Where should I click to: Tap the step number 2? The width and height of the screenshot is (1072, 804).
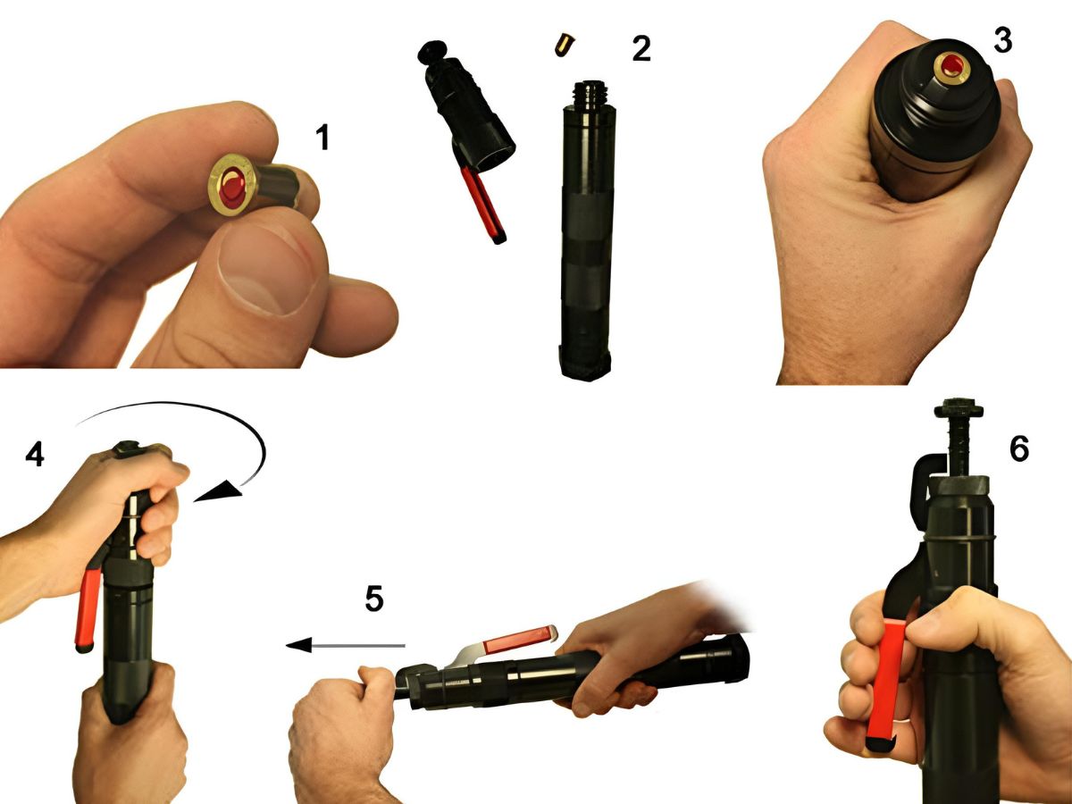click(641, 49)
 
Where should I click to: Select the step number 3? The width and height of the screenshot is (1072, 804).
click(1002, 40)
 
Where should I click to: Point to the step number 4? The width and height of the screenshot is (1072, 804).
click(35, 455)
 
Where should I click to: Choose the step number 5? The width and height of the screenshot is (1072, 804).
click(374, 599)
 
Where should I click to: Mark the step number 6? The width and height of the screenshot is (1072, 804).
click(1019, 448)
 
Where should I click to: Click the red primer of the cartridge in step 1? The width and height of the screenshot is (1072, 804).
click(232, 188)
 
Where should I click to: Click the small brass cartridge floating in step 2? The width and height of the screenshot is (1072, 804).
click(565, 45)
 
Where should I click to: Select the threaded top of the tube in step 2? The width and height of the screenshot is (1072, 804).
click(592, 96)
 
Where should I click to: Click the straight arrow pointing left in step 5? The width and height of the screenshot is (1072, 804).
click(346, 645)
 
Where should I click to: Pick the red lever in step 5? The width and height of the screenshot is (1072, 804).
click(517, 640)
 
